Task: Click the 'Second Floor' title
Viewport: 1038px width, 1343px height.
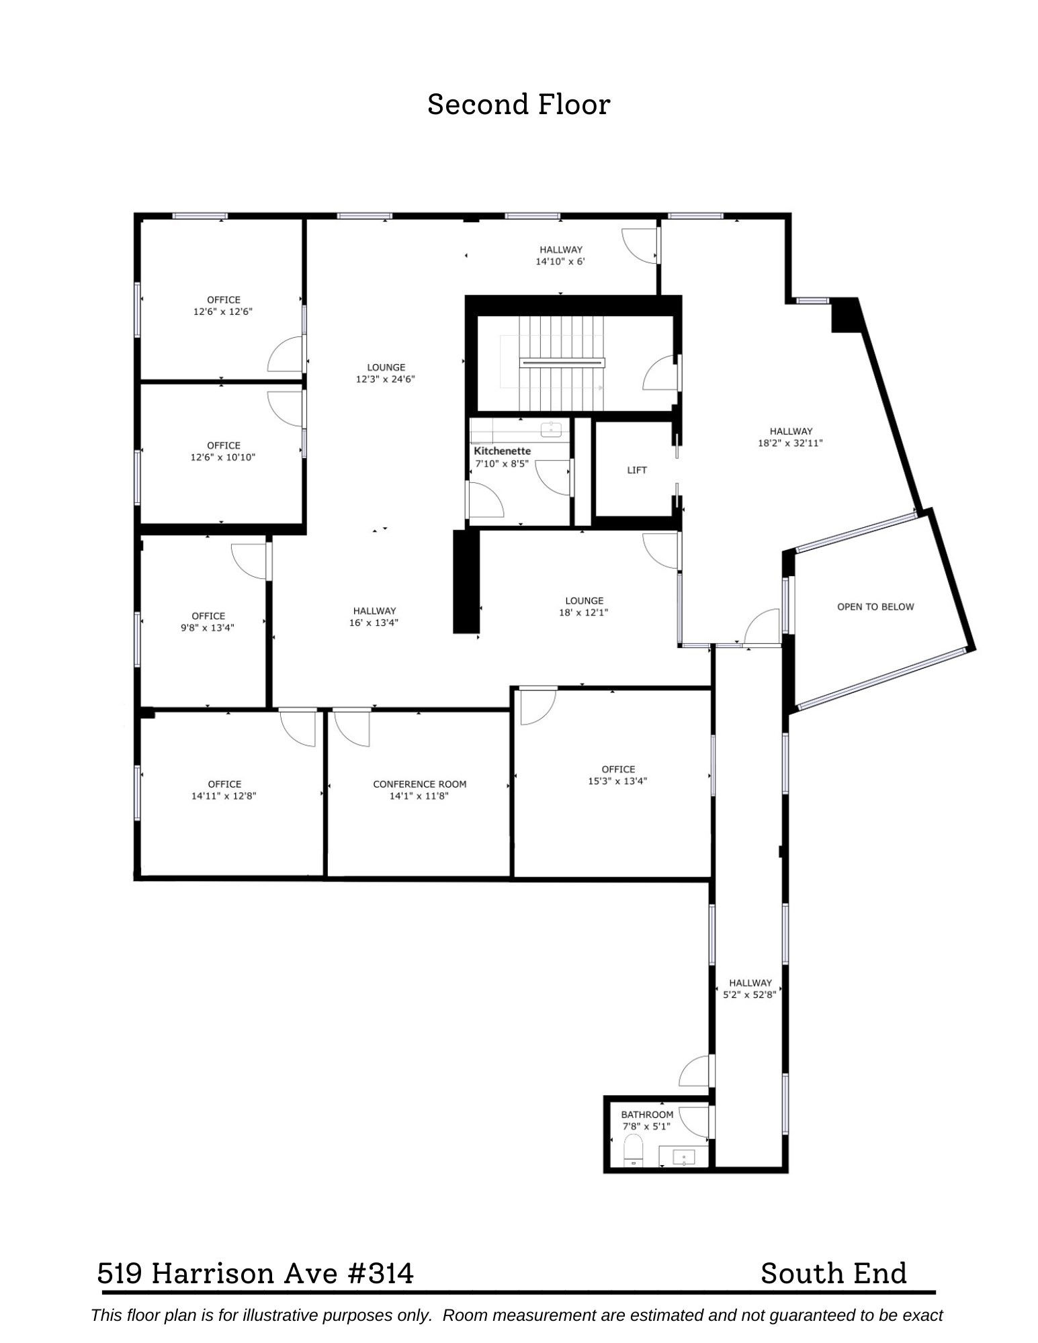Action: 519,105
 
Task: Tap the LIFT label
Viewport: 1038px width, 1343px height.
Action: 636,470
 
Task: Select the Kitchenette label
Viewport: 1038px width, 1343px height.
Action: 502,451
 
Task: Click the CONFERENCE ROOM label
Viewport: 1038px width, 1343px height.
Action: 419,784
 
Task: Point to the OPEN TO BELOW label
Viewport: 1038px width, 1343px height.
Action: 875,606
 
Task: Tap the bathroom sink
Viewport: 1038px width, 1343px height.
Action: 683,1156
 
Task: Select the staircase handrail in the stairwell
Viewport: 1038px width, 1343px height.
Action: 562,363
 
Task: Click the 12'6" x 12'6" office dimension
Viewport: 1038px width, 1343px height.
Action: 223,312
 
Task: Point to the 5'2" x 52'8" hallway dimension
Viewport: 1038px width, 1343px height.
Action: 750,994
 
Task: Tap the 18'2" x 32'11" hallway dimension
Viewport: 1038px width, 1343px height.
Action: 790,443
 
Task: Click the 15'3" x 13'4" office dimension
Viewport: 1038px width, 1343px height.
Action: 617,781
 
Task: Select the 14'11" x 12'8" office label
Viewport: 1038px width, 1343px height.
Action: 224,784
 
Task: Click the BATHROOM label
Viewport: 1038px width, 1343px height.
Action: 646,1115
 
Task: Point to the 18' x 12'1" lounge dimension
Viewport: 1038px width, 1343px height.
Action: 584,612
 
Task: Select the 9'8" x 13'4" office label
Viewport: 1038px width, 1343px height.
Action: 208,616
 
